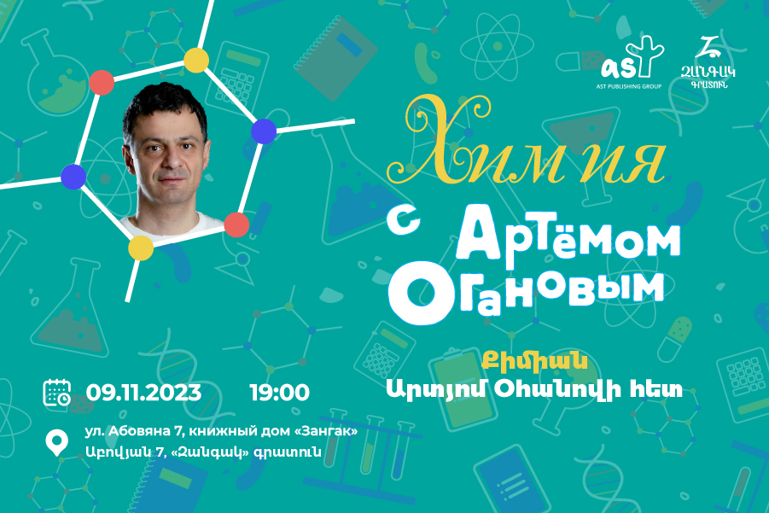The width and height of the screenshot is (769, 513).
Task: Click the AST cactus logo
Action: tap(632, 58)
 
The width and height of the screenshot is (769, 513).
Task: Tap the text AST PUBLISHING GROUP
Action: tap(629, 86)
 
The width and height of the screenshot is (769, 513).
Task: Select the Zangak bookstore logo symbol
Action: tap(708, 47)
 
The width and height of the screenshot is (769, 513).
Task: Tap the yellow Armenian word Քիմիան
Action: tap(534, 360)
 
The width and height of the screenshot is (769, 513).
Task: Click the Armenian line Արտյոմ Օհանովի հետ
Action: tap(534, 389)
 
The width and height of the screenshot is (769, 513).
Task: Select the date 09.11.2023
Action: tap(143, 393)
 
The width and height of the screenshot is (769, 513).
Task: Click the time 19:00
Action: tap(280, 393)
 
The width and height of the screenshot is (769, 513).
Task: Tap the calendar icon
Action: tap(57, 393)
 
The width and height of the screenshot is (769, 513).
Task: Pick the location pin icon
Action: tap(57, 442)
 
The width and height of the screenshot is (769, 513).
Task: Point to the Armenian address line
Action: tap(203, 452)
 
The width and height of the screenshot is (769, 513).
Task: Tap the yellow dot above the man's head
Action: tap(196, 61)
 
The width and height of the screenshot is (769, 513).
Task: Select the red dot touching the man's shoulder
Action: tap(237, 224)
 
